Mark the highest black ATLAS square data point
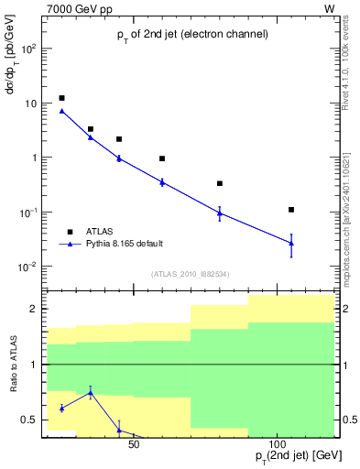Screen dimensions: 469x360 61,98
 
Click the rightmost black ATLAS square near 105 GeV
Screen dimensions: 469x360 291,210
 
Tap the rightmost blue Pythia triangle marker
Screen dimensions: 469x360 291,243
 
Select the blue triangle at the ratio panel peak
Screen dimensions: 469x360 91,393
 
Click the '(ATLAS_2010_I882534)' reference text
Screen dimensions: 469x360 191,274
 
